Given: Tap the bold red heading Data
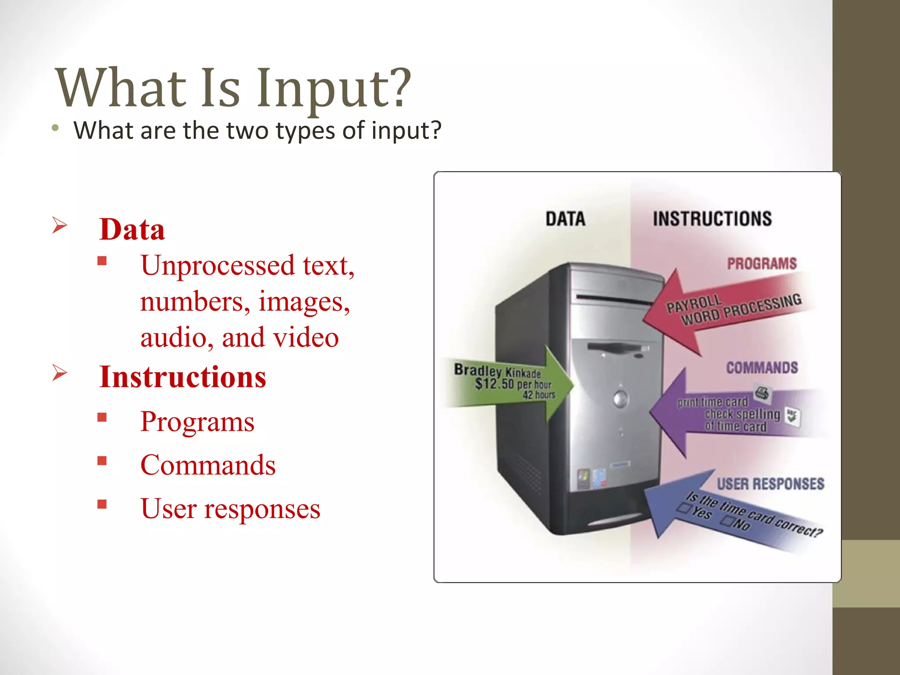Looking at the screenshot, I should click(x=132, y=229).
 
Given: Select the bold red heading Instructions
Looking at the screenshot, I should click(x=182, y=377).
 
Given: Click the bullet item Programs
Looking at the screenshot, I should click(x=197, y=422).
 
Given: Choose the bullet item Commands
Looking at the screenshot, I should click(x=207, y=465).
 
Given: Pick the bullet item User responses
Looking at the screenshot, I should click(x=230, y=508).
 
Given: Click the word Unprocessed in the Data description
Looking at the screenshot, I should click(x=217, y=265).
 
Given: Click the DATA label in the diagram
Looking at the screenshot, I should click(x=565, y=219).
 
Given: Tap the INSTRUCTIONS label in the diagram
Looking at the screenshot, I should click(x=712, y=219).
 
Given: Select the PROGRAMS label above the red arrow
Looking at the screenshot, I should click(x=762, y=264).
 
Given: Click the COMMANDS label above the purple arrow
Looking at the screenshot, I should click(x=762, y=367).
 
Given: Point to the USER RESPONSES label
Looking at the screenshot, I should click(x=770, y=484).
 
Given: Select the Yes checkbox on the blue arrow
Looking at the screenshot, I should click(x=684, y=508).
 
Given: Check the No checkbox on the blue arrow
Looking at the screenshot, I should click(x=727, y=521).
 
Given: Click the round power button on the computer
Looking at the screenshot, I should click(x=621, y=399).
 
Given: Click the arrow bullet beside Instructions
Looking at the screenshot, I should click(x=59, y=373).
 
